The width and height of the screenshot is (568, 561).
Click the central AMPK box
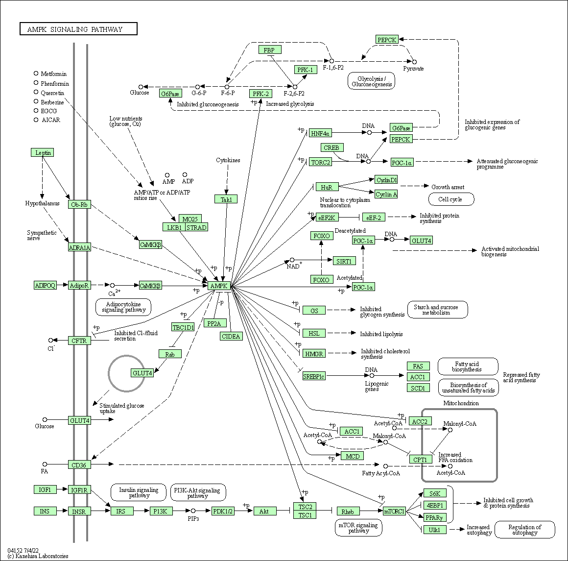point(219,286)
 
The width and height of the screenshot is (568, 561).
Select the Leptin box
point(42,152)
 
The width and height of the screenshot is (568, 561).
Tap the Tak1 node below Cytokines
point(226,199)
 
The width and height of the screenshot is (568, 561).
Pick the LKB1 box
point(174,227)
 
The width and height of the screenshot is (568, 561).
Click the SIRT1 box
point(343,261)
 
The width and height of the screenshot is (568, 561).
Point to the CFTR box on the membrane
point(79,341)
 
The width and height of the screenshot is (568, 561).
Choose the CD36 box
point(79,464)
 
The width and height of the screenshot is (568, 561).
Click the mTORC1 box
point(394,512)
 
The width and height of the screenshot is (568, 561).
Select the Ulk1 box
point(435,530)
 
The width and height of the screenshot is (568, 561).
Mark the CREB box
point(331,147)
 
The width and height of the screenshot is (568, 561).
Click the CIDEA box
point(231,336)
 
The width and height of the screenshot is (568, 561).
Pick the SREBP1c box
point(314,376)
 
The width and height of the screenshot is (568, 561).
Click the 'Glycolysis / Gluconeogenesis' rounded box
point(371,81)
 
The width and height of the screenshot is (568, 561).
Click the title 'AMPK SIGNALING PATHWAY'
point(78,29)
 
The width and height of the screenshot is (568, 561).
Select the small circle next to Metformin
point(36,73)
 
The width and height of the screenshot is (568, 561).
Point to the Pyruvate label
point(414,69)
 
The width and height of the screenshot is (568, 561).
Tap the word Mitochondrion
point(461,403)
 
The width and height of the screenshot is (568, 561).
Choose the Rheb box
point(348,512)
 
